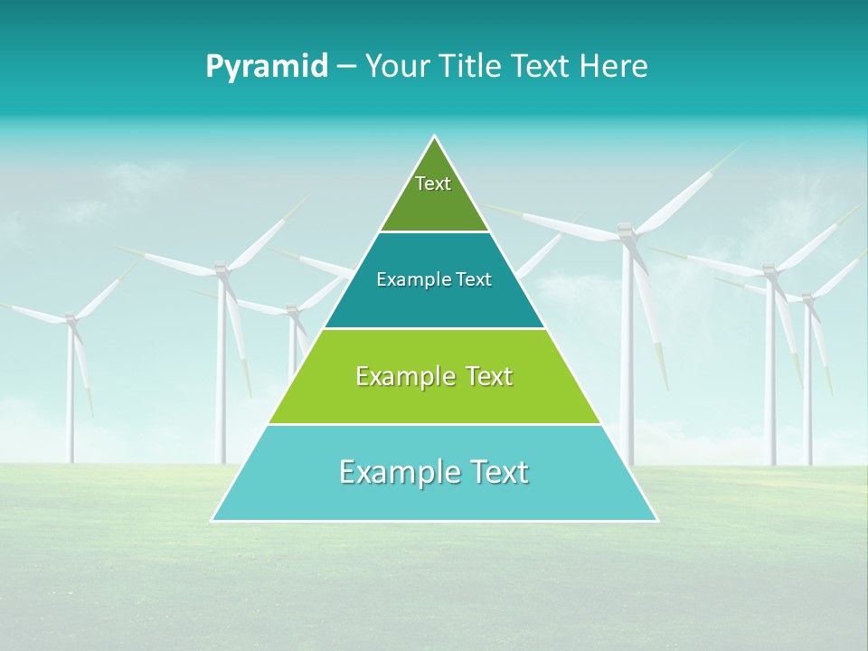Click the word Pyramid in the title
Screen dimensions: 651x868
267,67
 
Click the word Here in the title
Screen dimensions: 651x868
614,66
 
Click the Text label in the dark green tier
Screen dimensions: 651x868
433,184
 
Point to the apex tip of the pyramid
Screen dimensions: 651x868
435,137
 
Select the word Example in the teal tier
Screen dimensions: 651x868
410,280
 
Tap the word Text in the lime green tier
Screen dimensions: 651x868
489,376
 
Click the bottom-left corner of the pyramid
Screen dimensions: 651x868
212,520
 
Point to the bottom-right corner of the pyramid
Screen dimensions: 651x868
656,520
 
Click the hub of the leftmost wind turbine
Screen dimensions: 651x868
71,320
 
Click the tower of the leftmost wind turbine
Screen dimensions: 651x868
71,398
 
